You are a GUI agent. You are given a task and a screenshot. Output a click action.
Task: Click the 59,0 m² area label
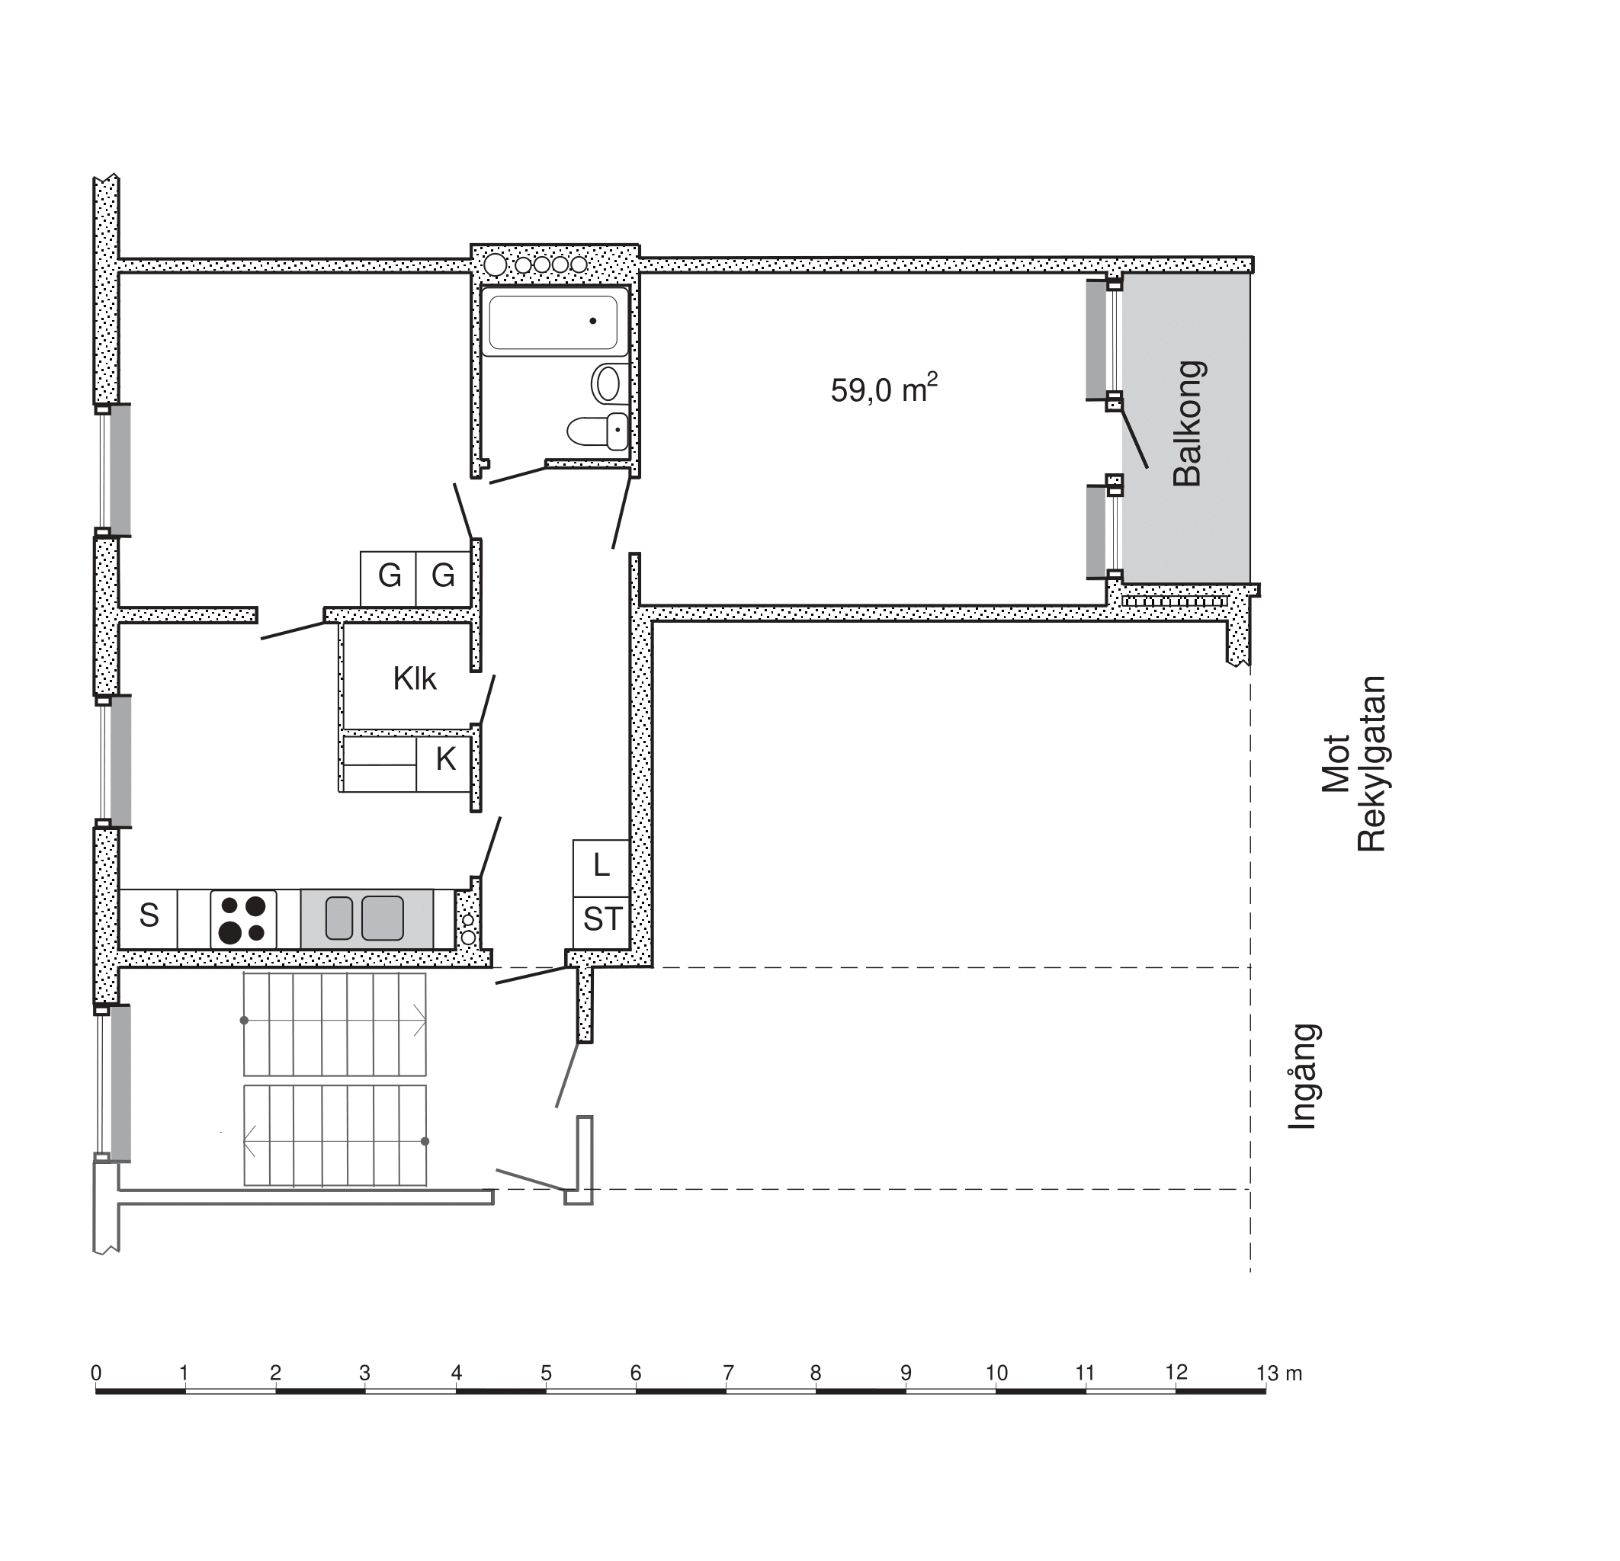click(884, 389)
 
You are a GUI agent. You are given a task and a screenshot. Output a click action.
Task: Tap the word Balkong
click(1189, 423)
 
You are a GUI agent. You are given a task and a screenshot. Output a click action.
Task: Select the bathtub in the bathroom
click(553, 322)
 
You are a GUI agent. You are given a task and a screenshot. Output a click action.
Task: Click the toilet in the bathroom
click(598, 431)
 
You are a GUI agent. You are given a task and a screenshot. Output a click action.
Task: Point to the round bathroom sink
click(608, 383)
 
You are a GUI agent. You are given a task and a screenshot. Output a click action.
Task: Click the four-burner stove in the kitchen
click(243, 919)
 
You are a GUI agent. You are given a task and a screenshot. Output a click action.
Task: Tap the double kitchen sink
click(366, 919)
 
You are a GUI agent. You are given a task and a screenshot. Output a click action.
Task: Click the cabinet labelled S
click(149, 919)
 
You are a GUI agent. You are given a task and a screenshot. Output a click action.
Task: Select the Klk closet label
click(414, 678)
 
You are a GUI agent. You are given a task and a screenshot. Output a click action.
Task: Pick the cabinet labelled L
click(601, 867)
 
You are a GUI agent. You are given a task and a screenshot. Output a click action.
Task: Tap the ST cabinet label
click(601, 919)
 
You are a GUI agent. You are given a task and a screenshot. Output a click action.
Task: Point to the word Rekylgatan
click(1371, 764)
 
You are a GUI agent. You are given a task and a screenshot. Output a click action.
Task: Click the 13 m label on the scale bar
click(1278, 1373)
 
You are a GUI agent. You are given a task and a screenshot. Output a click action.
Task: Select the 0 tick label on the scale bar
click(96, 1373)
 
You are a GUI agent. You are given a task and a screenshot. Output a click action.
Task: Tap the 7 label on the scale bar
click(727, 1373)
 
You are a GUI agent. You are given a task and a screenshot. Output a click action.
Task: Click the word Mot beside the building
click(1336, 764)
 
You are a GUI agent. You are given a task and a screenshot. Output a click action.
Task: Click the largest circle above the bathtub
click(495, 265)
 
